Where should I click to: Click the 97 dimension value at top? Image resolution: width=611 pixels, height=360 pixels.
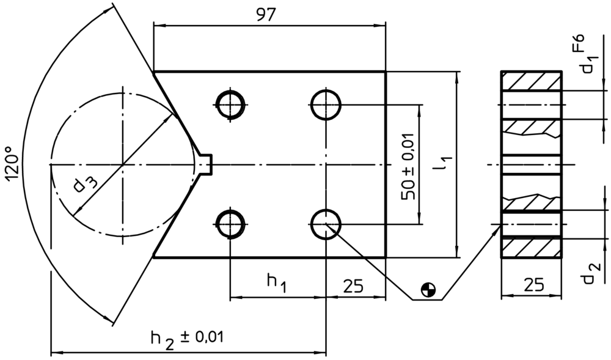[x=266, y=15]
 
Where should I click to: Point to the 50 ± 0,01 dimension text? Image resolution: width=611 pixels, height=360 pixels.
[x=408, y=166]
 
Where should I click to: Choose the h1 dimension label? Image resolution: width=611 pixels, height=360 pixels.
[x=277, y=282]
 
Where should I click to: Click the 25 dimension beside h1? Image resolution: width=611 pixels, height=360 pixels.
[x=353, y=287]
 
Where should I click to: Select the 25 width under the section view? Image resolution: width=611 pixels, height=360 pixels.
[x=533, y=285]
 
